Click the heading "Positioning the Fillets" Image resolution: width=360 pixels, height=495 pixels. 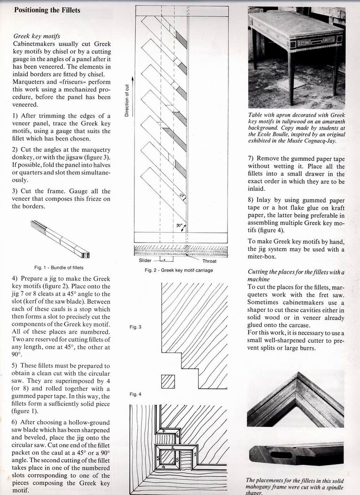[47, 10]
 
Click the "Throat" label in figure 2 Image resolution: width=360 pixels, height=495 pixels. [209, 260]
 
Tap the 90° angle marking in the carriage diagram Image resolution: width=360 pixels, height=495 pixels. [179, 225]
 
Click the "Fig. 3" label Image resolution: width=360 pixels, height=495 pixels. [135, 327]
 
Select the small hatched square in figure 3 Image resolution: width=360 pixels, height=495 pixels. [168, 381]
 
